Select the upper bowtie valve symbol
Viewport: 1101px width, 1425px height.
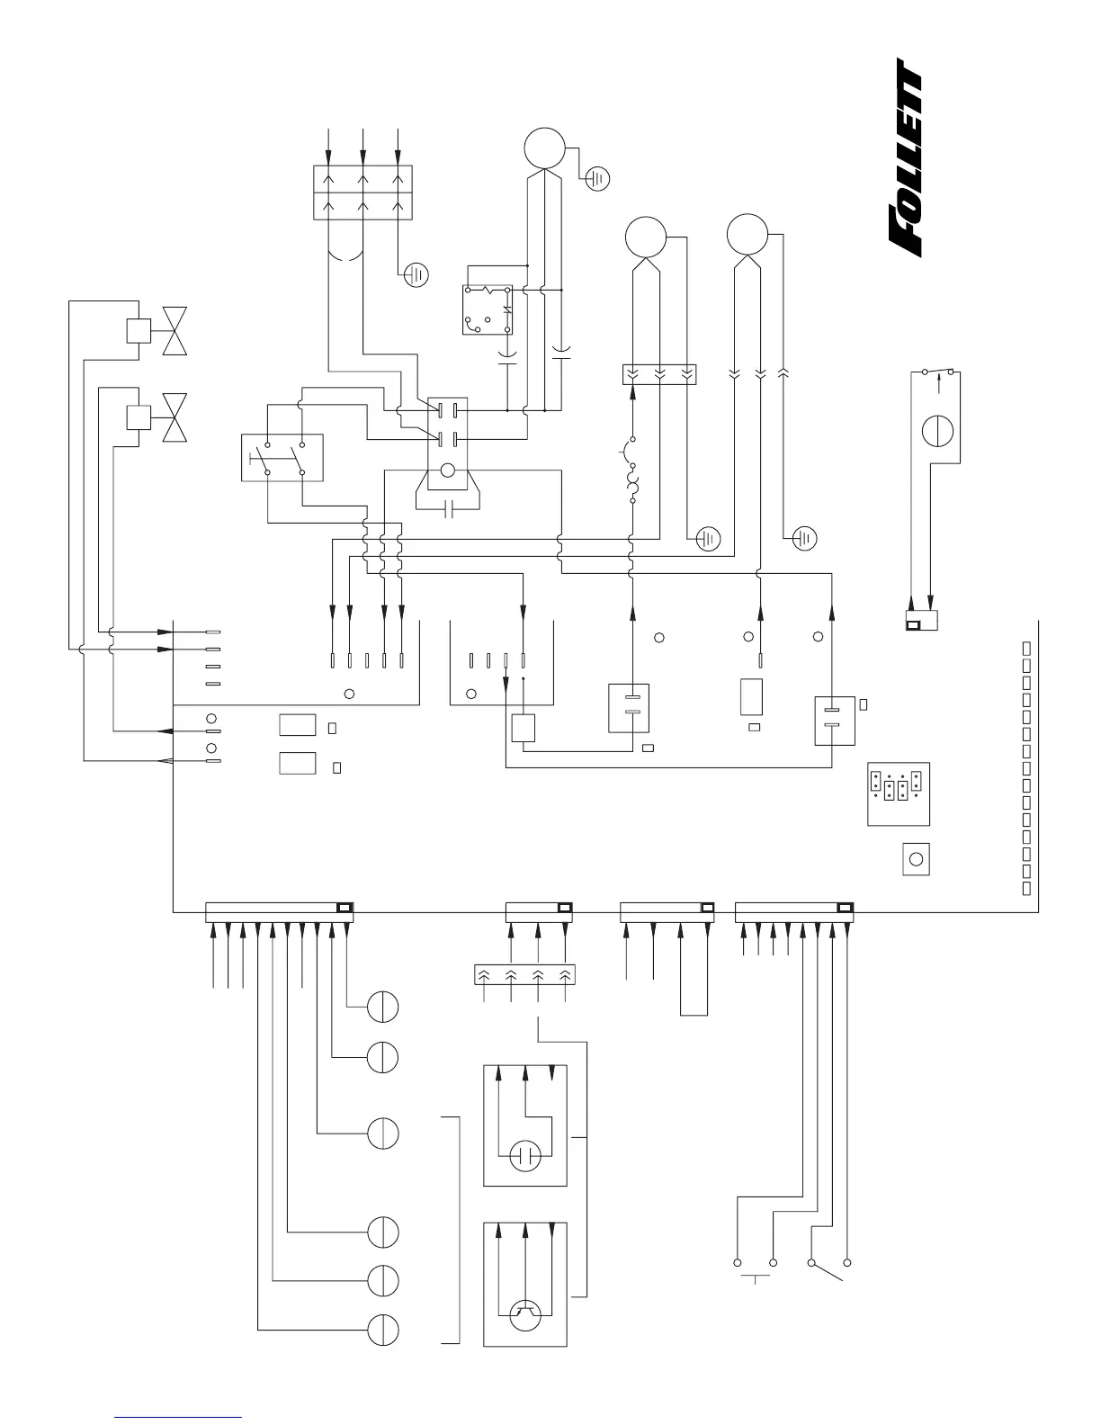[175, 330]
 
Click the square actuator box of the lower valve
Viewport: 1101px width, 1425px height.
[139, 417]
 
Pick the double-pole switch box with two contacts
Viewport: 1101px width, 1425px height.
[282, 457]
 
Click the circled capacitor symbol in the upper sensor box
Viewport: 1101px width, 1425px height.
[524, 1154]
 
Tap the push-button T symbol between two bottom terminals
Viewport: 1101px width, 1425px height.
[754, 1276]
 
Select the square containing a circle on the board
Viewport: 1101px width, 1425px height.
[916, 859]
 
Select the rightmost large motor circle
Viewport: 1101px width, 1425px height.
[747, 236]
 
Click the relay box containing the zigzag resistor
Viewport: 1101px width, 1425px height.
[487, 309]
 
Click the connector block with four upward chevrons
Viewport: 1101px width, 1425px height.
[524, 974]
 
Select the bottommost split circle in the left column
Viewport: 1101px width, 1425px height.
[382, 1330]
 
